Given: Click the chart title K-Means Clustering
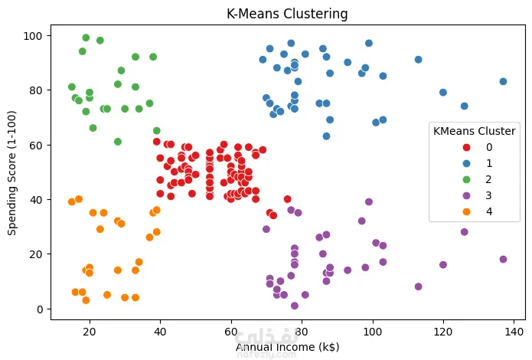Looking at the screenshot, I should tap(287, 14).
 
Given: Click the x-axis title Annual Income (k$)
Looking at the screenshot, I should tap(287, 347).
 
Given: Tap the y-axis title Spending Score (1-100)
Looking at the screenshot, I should tap(12, 172).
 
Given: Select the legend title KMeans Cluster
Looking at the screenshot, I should tap(474, 130).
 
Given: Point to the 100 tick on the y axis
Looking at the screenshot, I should tap(35, 35).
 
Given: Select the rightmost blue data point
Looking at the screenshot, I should tap(503, 81).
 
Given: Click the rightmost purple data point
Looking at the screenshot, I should tap(503, 259).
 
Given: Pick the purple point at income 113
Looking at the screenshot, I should tap(418, 286).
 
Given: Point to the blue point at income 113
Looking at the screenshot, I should tap(418, 60).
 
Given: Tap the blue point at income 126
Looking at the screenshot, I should tap(464, 106).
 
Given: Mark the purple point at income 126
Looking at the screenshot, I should tap(464, 232).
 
